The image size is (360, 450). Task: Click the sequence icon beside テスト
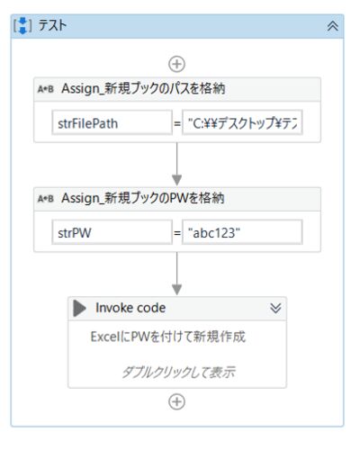[x=22, y=25]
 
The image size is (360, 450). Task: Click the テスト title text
[x=52, y=25]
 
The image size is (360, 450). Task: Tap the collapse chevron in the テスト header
[x=333, y=26]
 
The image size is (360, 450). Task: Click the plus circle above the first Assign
[x=176, y=64]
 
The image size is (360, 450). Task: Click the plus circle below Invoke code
[x=176, y=402]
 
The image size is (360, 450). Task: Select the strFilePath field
[x=112, y=122]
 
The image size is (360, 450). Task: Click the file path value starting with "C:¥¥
[x=242, y=122]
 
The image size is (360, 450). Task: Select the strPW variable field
[x=112, y=232]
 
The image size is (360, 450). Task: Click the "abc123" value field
[x=242, y=232]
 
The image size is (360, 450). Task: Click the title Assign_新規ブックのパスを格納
[x=143, y=89]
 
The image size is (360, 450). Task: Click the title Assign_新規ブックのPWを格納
[x=143, y=198]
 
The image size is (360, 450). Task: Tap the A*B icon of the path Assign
[x=46, y=89]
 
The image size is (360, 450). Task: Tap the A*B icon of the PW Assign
[x=46, y=199]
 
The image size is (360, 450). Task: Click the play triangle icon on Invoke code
[x=78, y=308]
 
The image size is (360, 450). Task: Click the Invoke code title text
[x=130, y=308]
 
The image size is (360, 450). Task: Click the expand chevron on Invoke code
[x=275, y=308]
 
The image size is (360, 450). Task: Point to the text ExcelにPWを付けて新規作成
[x=168, y=337]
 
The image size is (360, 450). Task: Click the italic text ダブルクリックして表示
[x=179, y=372]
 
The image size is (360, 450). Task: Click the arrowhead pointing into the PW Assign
[x=176, y=180]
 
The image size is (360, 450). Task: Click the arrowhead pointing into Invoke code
[x=176, y=290]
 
